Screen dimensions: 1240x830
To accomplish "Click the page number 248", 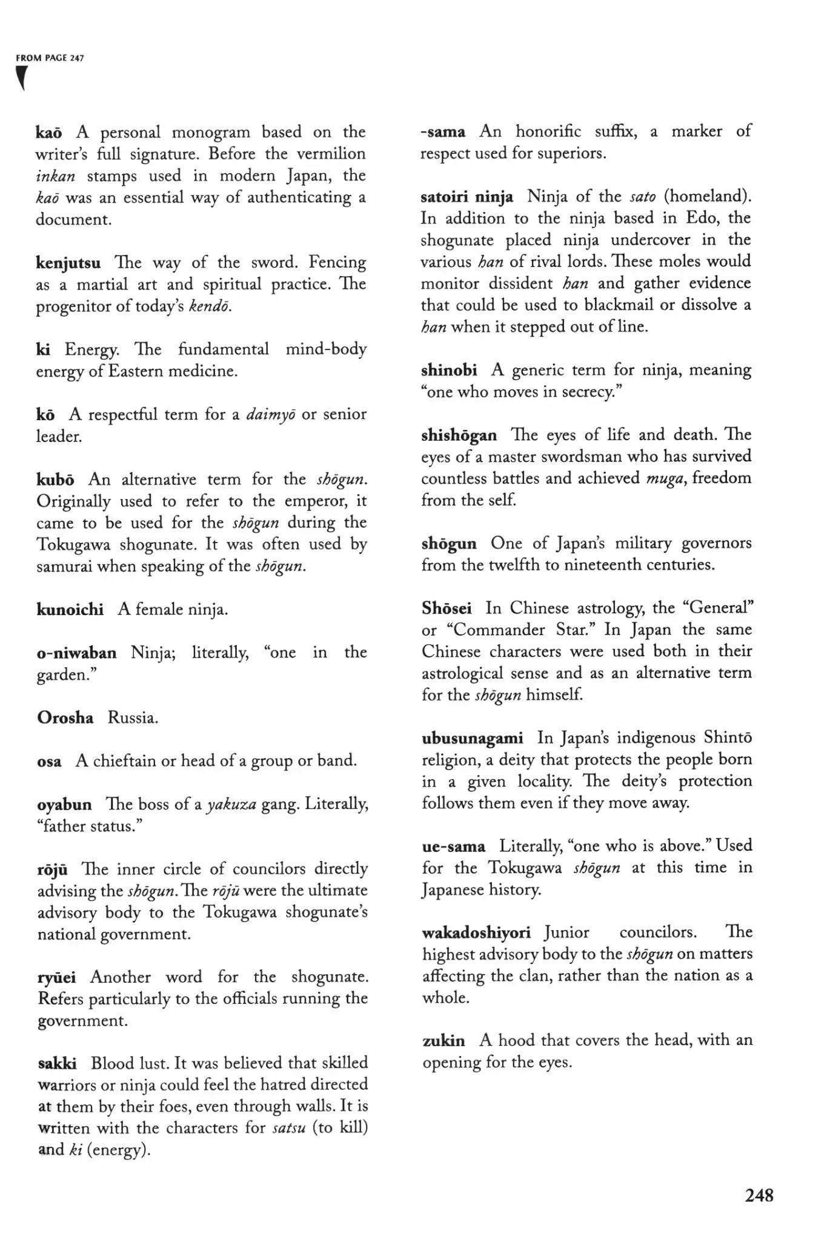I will click(759, 1195).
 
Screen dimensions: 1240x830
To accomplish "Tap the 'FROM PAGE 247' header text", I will click(50, 58).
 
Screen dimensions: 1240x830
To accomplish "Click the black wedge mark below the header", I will click(22, 78).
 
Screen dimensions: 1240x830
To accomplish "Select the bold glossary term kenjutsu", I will click(68, 263).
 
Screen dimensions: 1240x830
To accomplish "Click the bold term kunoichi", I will click(70, 609).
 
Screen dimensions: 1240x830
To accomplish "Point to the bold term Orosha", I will click(65, 718).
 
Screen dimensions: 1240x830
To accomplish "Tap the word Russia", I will click(133, 718).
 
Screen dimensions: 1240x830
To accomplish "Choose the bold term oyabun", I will click(65, 805).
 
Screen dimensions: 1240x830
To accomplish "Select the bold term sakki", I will click(57, 1063).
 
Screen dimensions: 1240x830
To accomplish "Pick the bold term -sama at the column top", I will click(443, 131).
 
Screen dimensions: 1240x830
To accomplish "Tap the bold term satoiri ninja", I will click(467, 197).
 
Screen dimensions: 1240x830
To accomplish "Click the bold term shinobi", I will click(449, 370).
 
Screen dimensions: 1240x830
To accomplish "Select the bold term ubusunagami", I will click(473, 738).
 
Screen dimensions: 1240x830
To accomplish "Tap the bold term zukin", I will click(443, 1041).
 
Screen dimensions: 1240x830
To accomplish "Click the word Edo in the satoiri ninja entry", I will click(699, 218).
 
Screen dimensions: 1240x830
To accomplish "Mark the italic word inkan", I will click(55, 176).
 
